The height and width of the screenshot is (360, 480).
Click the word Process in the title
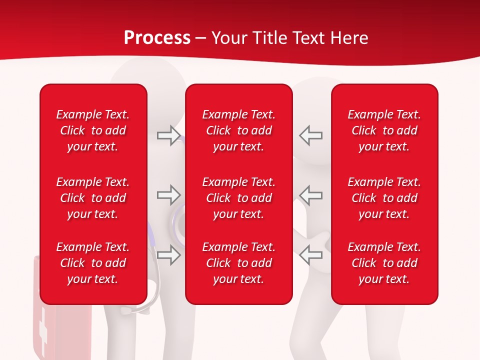coord(157,38)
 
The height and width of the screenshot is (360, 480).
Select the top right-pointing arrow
coord(168,135)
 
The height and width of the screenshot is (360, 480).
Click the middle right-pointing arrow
coord(168,195)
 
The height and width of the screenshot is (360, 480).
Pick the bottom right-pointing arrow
coord(168,255)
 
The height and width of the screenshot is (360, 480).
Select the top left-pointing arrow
coord(311,135)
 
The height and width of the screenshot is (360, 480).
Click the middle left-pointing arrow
coord(311,195)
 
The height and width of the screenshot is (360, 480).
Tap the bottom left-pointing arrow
coord(311,255)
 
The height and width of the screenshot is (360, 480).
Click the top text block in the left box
coord(93,130)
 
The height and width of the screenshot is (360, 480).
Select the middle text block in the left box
coord(93,198)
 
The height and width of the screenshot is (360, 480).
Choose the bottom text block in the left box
coord(93,263)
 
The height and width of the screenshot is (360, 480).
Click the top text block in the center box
coord(238,130)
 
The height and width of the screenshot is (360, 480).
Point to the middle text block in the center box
coord(238,198)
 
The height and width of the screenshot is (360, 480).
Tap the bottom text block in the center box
coord(238,263)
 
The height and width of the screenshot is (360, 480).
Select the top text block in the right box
coord(384,130)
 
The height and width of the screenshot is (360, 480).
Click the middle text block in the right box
coord(384,198)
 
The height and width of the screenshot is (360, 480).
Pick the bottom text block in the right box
coord(384,263)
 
